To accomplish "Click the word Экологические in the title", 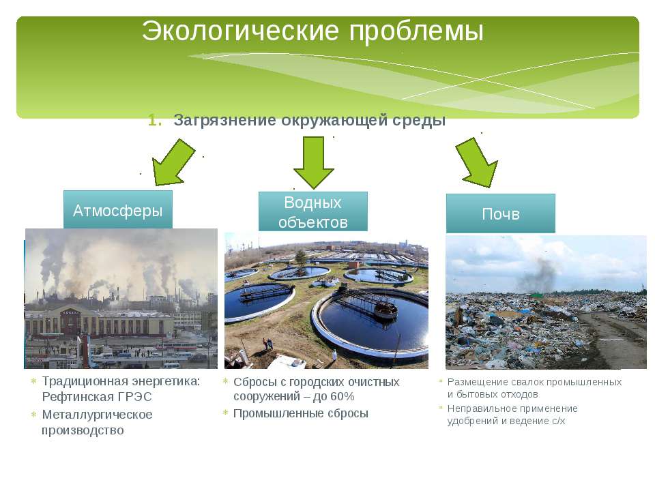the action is pos(240,31).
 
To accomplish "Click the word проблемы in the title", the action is pos(416,32).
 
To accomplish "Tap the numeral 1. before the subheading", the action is pos(155,120).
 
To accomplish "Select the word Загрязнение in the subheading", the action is pos(224,121).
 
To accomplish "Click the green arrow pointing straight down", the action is pos(314,162).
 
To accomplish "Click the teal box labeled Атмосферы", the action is pos(118,209).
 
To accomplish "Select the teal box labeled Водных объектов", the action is pos(313,211).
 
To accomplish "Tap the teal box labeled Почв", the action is pos(500,213).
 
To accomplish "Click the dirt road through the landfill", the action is pos(614,338).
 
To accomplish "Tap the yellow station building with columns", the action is pos(98,323).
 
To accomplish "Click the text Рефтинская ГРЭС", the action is pos(97,397).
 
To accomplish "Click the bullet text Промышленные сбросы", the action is pos(301,414).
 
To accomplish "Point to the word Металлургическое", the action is pos(98,415).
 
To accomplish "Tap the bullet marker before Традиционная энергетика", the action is pos(34,381).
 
